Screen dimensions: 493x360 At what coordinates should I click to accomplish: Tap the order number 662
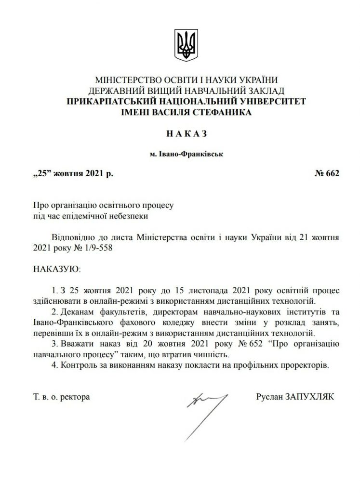(333, 174)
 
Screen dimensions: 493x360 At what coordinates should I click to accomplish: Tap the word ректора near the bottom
(76, 398)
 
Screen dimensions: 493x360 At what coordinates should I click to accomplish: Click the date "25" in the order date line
(42, 174)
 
